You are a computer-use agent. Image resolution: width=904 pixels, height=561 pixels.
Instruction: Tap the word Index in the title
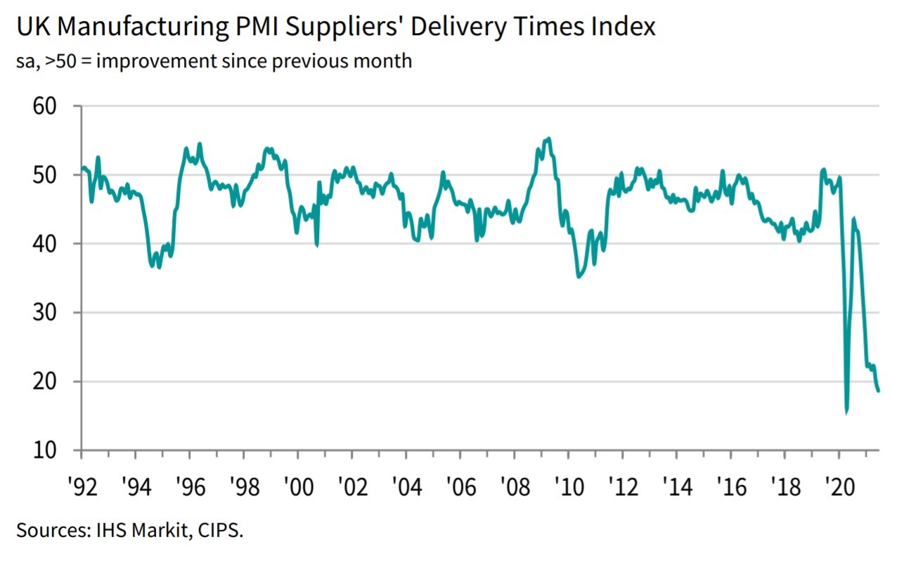coord(624,27)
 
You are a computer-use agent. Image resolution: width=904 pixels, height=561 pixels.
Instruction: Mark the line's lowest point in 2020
coord(846,413)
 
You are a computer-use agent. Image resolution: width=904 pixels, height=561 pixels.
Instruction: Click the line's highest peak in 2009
coord(549,138)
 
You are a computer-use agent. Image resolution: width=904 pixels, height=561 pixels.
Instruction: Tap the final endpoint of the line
coord(879,391)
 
